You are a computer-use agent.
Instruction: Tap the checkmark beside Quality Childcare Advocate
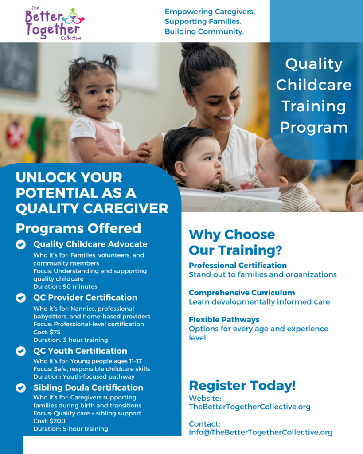tap(21, 244)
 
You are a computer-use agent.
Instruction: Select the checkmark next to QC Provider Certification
tap(21, 297)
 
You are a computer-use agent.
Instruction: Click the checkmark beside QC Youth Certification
tap(21, 351)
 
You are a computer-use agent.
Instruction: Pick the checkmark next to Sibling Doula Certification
tap(21, 387)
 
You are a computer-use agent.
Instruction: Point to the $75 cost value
tap(55, 332)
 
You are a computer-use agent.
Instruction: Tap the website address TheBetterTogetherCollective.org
tap(250, 407)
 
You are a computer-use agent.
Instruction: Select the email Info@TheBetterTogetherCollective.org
tap(261, 432)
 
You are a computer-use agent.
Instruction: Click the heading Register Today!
tap(242, 385)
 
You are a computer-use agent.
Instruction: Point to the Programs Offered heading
tap(78, 228)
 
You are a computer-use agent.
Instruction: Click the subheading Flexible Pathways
tap(224, 320)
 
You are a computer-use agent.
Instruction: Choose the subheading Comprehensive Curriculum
tap(242, 293)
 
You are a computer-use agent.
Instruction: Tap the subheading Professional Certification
tap(238, 266)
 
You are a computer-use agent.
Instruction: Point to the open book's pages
tap(231, 199)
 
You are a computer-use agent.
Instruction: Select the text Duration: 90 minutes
tap(66, 287)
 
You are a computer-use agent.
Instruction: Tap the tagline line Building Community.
tap(204, 31)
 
